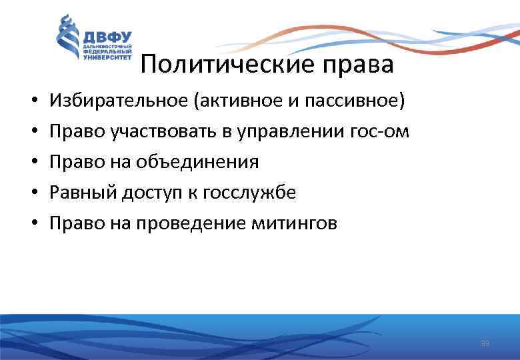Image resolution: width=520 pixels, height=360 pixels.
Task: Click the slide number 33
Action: (485, 343)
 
